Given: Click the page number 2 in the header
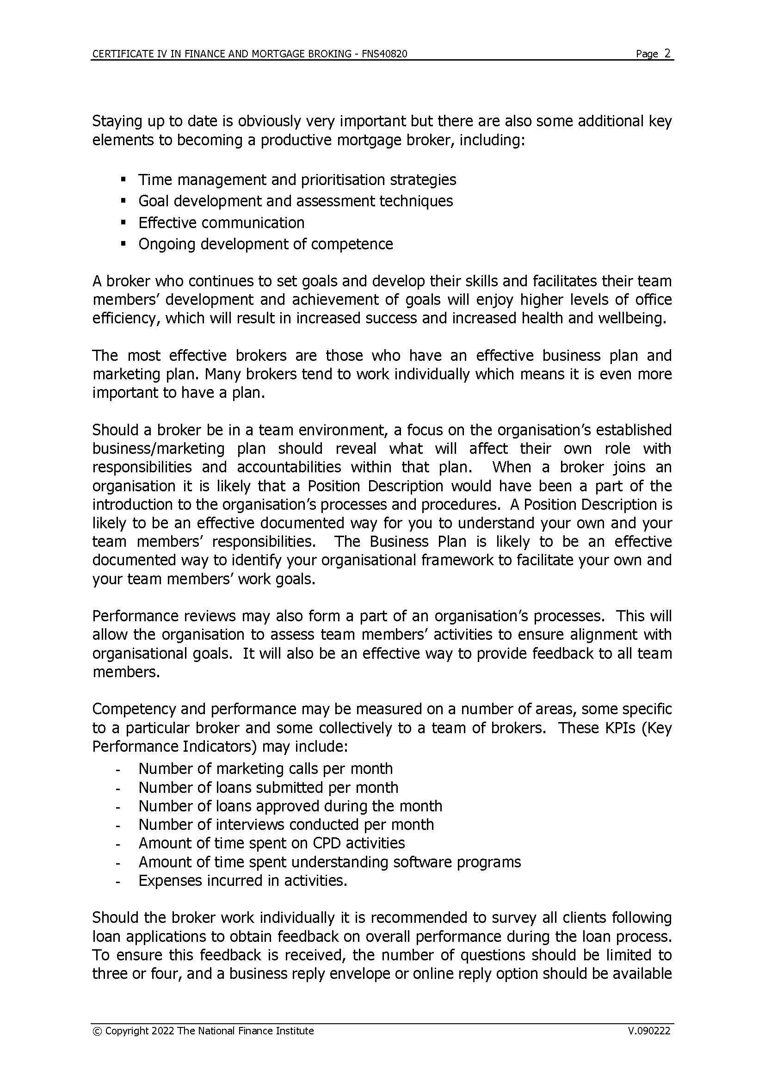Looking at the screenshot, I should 667,53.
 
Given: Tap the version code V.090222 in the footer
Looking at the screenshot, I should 648,1031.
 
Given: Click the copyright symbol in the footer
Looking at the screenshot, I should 98,1031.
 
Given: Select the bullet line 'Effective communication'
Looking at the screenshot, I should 222,223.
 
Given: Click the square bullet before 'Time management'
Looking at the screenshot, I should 123,179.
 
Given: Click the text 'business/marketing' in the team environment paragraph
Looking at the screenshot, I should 158,449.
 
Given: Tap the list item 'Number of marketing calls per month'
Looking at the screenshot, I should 265,769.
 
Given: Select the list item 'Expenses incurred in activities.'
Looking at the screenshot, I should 243,880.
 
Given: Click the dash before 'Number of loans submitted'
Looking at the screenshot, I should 118,788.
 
